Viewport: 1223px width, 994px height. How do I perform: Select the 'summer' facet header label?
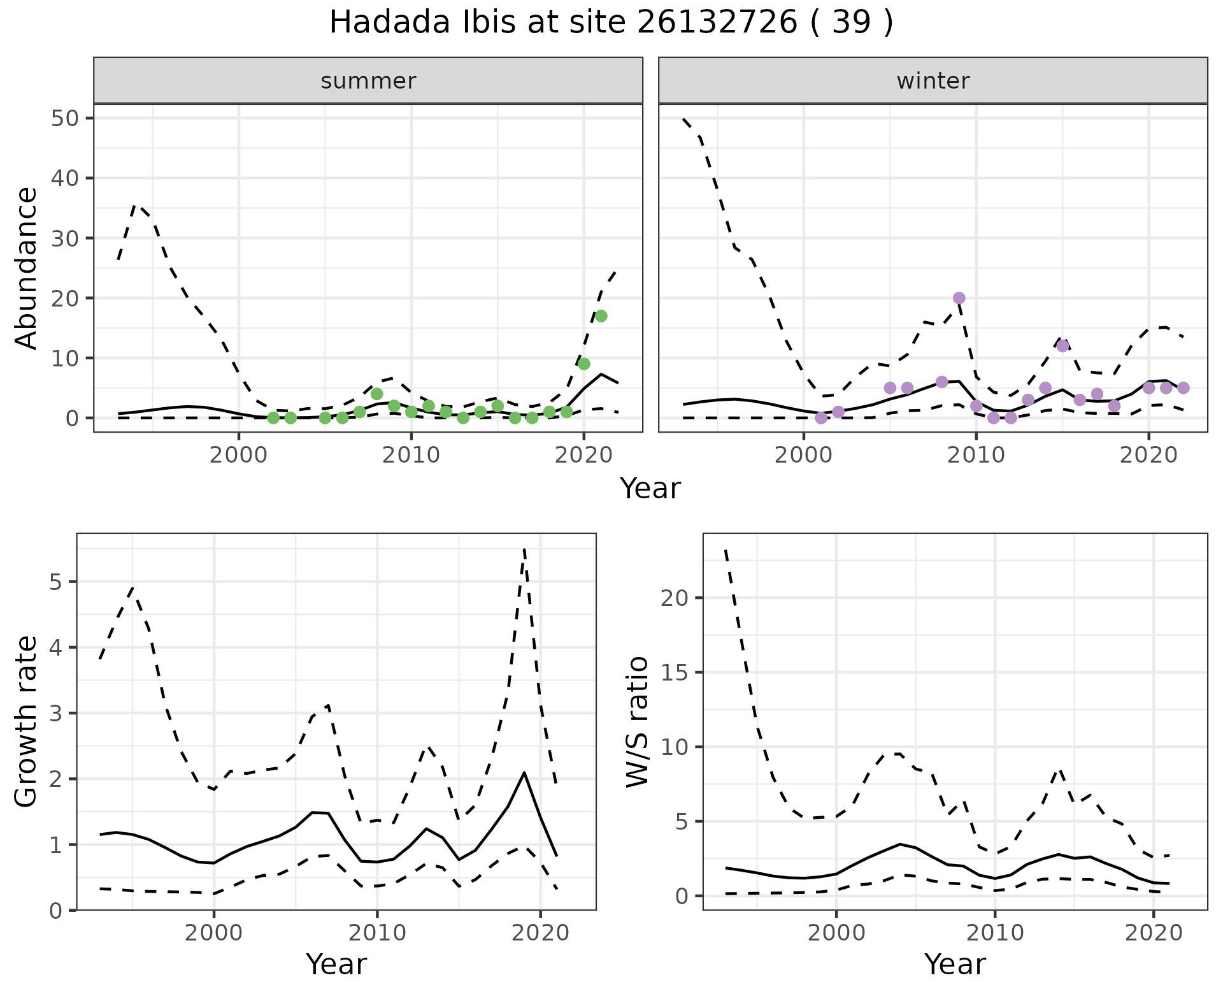(x=368, y=81)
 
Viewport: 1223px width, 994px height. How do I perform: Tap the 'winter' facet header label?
(x=933, y=81)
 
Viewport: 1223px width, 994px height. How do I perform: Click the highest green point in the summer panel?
(x=601, y=316)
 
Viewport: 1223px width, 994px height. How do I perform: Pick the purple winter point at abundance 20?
(x=959, y=298)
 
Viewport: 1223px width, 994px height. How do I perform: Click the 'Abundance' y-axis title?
(x=27, y=268)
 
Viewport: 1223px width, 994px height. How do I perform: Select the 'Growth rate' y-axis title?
(x=27, y=721)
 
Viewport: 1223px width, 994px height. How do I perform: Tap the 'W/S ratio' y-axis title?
(x=638, y=721)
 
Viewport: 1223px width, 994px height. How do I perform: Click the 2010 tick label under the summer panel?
(x=411, y=456)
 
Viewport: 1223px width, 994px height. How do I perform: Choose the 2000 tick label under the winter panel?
(x=803, y=456)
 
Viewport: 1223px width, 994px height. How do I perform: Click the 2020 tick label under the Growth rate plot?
(x=540, y=933)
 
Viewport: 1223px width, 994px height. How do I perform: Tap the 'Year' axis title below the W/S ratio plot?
(x=955, y=965)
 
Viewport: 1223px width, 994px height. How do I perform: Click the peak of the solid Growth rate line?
(x=524, y=772)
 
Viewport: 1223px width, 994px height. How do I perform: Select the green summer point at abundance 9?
(x=583, y=364)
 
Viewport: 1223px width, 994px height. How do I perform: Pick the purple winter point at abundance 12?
(x=1062, y=346)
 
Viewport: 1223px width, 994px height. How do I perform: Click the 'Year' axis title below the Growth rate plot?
(x=336, y=965)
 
